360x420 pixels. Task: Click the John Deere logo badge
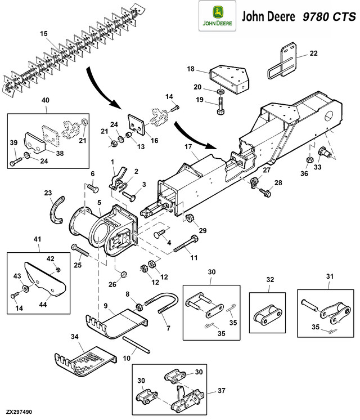pyautogui.click(x=217, y=16)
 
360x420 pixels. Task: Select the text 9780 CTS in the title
pyautogui.click(x=329, y=16)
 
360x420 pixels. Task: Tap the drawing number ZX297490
pyautogui.click(x=19, y=412)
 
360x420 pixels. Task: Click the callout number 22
pyautogui.click(x=313, y=53)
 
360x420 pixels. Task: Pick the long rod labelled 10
pyautogui.click(x=136, y=345)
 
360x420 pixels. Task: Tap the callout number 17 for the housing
pyautogui.click(x=188, y=147)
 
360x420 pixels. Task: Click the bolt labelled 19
pyautogui.click(x=220, y=106)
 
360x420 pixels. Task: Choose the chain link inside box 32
pyautogui.click(x=267, y=314)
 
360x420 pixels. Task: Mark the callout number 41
pyautogui.click(x=37, y=239)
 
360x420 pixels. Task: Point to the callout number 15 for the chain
pyautogui.click(x=44, y=34)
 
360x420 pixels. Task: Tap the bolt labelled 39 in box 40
pyautogui.click(x=16, y=161)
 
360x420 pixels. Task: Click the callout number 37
pyautogui.click(x=222, y=391)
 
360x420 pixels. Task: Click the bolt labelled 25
pyautogui.click(x=80, y=250)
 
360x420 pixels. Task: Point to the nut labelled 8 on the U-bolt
pyautogui.click(x=139, y=307)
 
